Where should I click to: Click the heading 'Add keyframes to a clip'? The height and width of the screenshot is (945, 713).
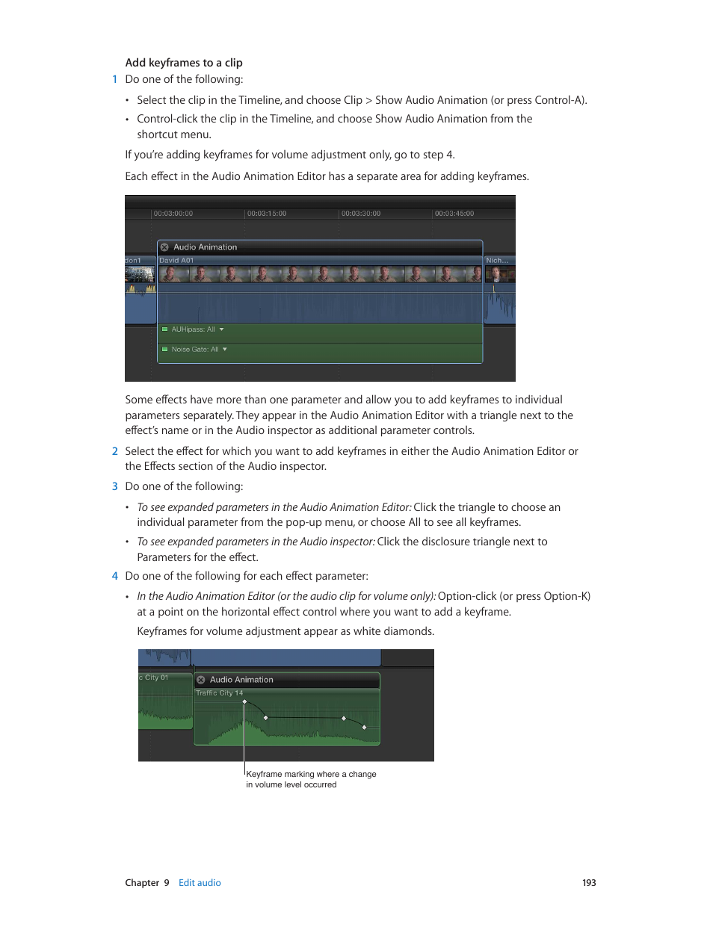[184, 63]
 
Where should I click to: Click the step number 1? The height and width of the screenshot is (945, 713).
[115, 79]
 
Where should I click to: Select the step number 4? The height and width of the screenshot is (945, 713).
[115, 576]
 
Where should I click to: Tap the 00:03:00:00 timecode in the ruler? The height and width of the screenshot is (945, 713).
[173, 214]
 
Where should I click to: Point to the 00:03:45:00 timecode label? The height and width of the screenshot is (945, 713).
[454, 214]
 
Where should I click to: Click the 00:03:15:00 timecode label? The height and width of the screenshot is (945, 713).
[267, 214]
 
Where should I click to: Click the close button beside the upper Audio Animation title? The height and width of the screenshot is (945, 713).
[164, 247]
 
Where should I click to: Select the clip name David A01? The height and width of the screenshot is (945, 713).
[176, 261]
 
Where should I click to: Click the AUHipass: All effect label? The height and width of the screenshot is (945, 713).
[193, 329]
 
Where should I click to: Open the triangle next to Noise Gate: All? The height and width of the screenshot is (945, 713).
[225, 350]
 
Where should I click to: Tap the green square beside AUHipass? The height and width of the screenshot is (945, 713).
[165, 329]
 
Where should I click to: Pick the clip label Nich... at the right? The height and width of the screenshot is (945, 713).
[497, 261]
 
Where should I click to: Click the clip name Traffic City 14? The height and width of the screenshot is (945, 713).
[219, 693]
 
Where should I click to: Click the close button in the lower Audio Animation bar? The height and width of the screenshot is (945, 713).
[201, 680]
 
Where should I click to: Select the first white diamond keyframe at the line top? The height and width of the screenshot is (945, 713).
[244, 701]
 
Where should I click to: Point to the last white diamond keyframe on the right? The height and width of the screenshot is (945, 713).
[365, 727]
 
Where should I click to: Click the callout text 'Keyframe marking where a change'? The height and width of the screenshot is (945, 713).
[311, 775]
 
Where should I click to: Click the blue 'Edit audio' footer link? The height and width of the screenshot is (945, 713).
[200, 883]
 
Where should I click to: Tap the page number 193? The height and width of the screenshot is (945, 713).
[589, 883]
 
